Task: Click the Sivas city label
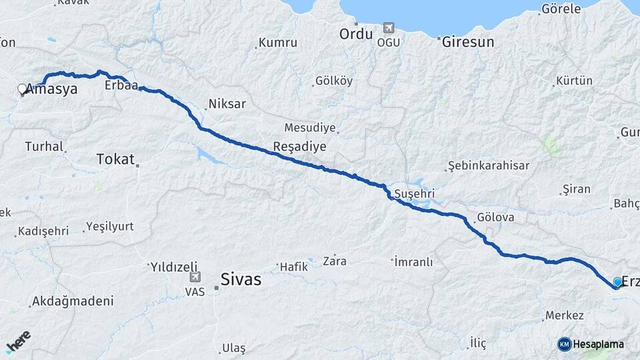pyautogui.click(x=241, y=280)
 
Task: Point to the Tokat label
pyautogui.click(x=115, y=159)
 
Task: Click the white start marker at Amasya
pyautogui.click(x=22, y=89)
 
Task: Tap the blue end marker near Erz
pyautogui.click(x=617, y=283)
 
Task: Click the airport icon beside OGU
pyautogui.click(x=388, y=28)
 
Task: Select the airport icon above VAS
pyautogui.click(x=195, y=277)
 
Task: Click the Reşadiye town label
pyautogui.click(x=299, y=146)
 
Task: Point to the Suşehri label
pyautogui.click(x=415, y=193)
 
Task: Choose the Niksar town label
pyautogui.click(x=227, y=104)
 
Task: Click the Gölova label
pyautogui.click(x=496, y=218)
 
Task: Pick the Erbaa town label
pyautogui.click(x=121, y=86)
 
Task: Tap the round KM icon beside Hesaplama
pyautogui.click(x=565, y=344)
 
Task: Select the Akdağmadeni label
pyautogui.click(x=73, y=301)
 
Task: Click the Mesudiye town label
pyautogui.click(x=311, y=127)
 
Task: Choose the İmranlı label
pyautogui.click(x=414, y=261)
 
